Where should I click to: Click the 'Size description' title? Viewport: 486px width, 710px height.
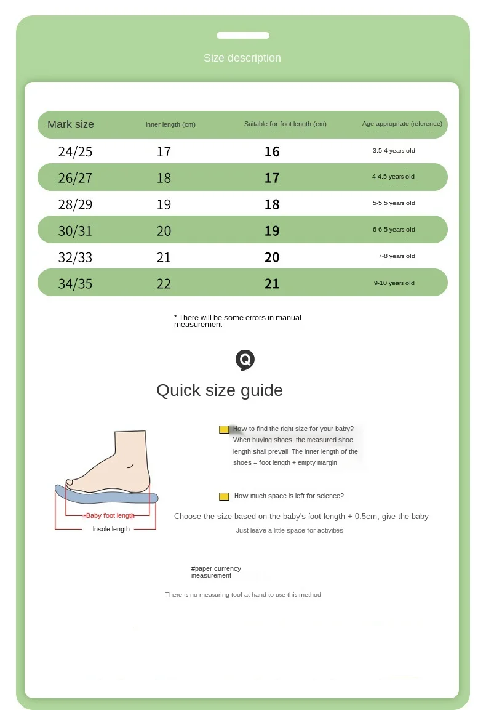pyautogui.click(x=242, y=58)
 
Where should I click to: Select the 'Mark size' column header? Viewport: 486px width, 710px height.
pyautogui.click(x=71, y=124)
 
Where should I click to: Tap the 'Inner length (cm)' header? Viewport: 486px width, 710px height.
pyautogui.click(x=170, y=124)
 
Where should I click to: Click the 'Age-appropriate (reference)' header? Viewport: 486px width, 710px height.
pyautogui.click(x=402, y=124)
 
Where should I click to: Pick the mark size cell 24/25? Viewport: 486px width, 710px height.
pyautogui.click(x=75, y=151)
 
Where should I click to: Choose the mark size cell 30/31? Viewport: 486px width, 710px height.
pyautogui.click(x=75, y=231)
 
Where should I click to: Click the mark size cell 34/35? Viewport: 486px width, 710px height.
pyautogui.click(x=75, y=284)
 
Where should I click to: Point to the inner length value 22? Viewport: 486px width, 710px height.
pyautogui.click(x=164, y=284)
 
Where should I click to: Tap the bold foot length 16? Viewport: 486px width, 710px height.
pyautogui.click(x=272, y=151)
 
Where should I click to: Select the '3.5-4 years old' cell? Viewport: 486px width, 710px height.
pyautogui.click(x=394, y=150)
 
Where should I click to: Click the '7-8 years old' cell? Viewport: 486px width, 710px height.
pyautogui.click(x=397, y=256)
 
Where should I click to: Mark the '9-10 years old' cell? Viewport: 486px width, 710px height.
pyautogui.click(x=394, y=283)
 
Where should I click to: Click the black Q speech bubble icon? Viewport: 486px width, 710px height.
pyautogui.click(x=245, y=360)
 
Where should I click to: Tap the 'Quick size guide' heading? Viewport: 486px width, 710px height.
pyautogui.click(x=220, y=390)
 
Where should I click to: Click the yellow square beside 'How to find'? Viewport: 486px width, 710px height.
pyautogui.click(x=224, y=429)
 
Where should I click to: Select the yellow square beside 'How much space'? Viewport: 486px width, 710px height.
pyautogui.click(x=224, y=496)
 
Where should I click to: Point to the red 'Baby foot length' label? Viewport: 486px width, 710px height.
pyautogui.click(x=110, y=515)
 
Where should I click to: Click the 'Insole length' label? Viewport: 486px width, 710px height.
pyautogui.click(x=111, y=529)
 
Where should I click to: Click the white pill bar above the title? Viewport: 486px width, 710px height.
pyautogui.click(x=243, y=36)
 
